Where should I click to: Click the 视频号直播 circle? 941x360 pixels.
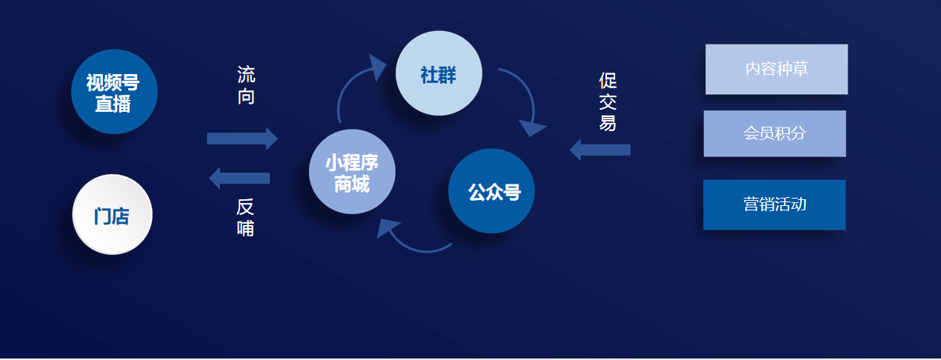pos(114,92)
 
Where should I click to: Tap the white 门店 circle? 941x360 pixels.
pos(112,214)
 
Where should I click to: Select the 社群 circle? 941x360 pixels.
pos(439,73)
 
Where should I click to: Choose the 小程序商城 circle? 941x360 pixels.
pos(352,171)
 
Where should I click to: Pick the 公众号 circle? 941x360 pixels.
pos(491,190)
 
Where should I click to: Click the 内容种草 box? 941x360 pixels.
pos(777,70)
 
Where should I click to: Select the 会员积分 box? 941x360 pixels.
pos(774,133)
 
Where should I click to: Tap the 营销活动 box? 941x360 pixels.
pos(774,204)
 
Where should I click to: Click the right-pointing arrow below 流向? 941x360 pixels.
pos(242,139)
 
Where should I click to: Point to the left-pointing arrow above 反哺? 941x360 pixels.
pos(239,178)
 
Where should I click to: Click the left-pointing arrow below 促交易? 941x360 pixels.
pos(600,150)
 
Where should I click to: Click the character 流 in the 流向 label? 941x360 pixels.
pos(246,75)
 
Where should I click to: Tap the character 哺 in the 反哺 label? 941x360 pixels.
pos(245,228)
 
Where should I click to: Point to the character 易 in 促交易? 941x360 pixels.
pos(608,123)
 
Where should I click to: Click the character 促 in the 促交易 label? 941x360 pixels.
pos(608,80)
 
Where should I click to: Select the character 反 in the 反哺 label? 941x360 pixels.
pos(245,207)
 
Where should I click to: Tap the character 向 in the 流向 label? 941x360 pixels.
pos(246,96)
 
